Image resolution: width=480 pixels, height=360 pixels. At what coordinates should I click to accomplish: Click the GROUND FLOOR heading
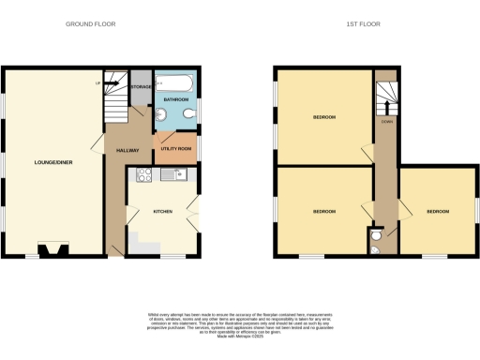[92, 23]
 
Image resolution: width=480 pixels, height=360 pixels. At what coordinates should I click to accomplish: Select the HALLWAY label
[127, 150]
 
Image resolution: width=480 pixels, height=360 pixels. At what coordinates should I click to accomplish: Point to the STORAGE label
[141, 87]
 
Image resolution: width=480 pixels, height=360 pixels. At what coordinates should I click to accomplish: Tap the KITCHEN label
[165, 212]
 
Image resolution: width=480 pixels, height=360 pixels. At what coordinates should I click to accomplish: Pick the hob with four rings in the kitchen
[144, 174]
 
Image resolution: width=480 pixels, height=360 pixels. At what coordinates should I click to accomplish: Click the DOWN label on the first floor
[385, 120]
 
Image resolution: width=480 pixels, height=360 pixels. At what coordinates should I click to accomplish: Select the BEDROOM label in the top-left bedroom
[323, 117]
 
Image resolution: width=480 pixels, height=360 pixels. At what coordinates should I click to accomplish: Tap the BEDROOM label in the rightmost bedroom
[438, 211]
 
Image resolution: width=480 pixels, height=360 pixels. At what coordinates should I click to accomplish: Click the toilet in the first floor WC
[375, 248]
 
